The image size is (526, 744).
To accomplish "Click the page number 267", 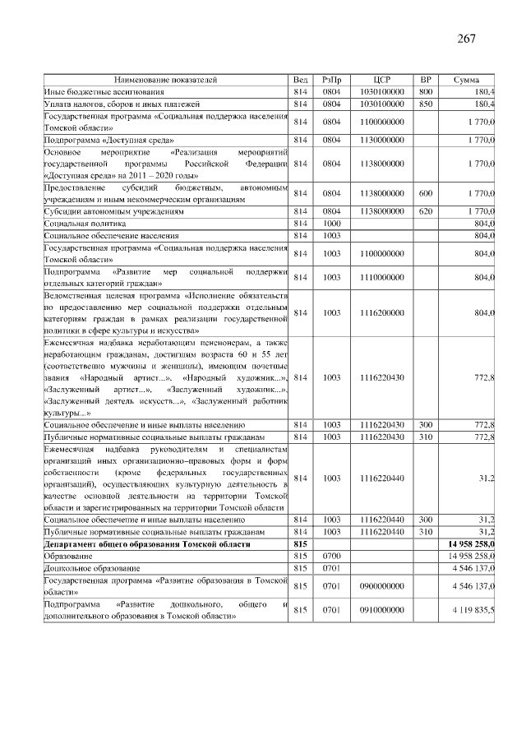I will [466, 39].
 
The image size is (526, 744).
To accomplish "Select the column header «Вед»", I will [300, 80].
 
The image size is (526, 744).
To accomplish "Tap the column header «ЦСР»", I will [381, 80].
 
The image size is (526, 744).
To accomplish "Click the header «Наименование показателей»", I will [165, 80].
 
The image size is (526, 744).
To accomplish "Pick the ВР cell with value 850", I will [426, 104].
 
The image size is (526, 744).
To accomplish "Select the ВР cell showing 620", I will [426, 211].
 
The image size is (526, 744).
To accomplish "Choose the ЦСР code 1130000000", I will [381, 140].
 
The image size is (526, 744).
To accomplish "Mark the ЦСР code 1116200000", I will [381, 312].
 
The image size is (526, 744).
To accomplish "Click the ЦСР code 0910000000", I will [381, 610].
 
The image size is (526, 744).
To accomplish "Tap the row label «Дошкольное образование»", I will [92, 568].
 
